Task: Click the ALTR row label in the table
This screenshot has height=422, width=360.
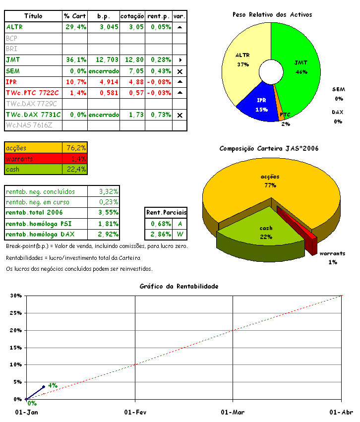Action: point(15,27)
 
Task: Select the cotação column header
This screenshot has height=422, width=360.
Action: point(132,16)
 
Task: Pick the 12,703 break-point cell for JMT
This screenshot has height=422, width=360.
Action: point(104,60)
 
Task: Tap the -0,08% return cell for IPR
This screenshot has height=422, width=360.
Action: point(158,81)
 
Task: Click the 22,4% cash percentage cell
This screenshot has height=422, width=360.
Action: point(75,170)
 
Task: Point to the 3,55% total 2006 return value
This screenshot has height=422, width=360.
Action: point(108,212)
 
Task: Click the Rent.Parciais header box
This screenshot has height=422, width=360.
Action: point(166,212)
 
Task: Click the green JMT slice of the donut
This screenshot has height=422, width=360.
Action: point(300,64)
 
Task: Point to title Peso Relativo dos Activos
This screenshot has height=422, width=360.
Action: point(272,14)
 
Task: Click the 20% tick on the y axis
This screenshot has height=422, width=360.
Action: point(17,330)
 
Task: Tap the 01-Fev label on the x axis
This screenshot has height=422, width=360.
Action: point(135,412)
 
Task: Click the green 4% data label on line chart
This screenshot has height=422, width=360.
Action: point(53,385)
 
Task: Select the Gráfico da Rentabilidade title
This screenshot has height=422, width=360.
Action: point(179,286)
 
